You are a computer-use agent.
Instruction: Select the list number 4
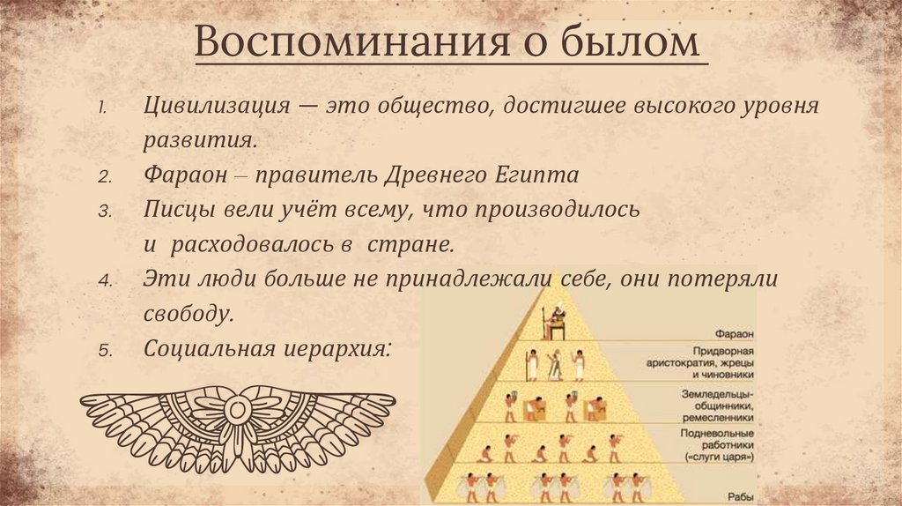tap(103, 280)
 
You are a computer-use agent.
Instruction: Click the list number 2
tap(103, 176)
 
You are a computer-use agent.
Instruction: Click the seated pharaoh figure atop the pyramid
tap(554, 323)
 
